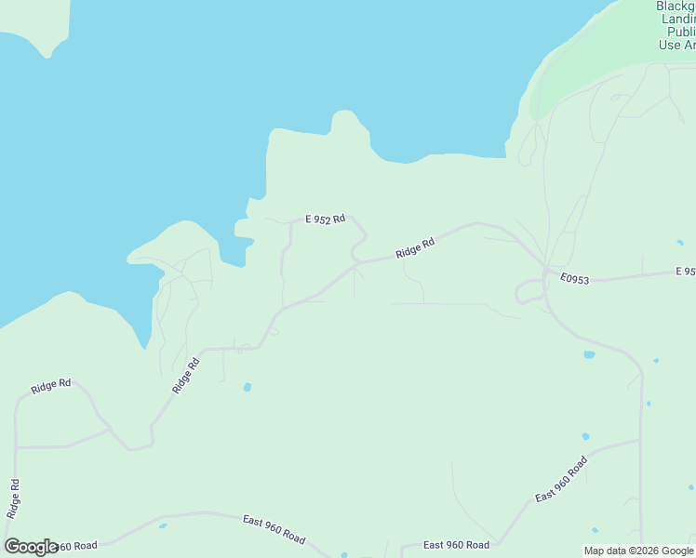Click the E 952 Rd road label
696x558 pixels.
(325, 219)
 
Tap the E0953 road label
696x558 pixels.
(576, 277)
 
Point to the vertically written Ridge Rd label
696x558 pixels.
(13, 498)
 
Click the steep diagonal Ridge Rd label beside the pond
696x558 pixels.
(186, 377)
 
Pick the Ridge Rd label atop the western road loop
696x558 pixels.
(51, 387)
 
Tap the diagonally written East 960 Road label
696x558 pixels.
(561, 480)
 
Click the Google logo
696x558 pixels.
(31, 547)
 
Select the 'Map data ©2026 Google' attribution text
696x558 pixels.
(639, 551)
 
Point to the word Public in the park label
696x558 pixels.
(676, 31)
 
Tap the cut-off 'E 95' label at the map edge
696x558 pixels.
(685, 272)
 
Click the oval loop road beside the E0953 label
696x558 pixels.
(530, 291)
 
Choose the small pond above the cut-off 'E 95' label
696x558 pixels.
(681, 244)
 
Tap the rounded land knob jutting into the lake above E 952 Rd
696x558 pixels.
(345, 124)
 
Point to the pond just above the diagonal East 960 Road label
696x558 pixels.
(585, 436)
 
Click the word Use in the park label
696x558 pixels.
(670, 44)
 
